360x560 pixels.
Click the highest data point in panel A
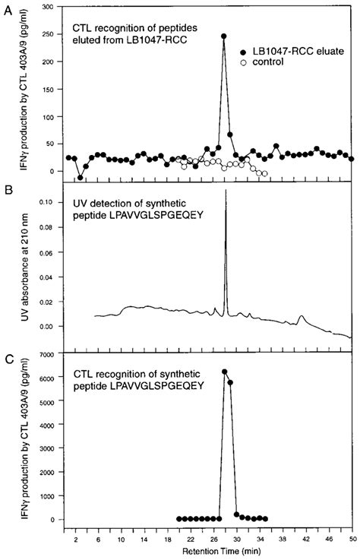pyautogui.click(x=224, y=35)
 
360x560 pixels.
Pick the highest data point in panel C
pyautogui.click(x=224, y=372)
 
